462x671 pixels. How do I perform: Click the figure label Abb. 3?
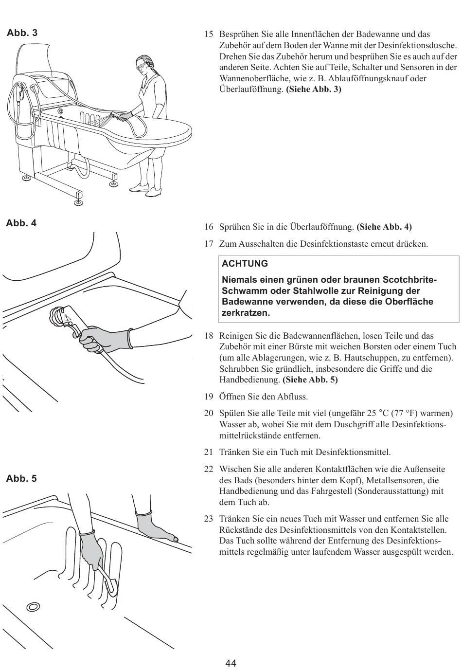click(21, 33)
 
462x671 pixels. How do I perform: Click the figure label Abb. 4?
click(21, 223)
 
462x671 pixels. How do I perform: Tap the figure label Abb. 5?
click(21, 479)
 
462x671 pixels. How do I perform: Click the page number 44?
click(231, 663)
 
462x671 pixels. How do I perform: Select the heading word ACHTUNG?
click(245, 264)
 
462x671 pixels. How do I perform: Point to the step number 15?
click(209, 35)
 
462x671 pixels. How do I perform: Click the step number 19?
click(209, 397)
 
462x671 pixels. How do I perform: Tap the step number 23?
click(209, 519)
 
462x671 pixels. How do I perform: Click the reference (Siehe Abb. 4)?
click(384, 227)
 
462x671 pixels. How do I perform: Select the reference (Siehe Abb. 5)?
click(310, 380)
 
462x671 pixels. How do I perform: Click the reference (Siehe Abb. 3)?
click(314, 90)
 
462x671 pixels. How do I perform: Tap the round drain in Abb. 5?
click(34, 606)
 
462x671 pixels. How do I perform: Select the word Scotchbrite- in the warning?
click(410, 280)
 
